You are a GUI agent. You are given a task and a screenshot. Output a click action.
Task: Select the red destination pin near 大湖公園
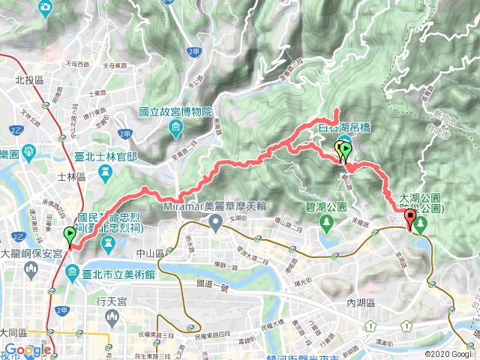click(x=409, y=220)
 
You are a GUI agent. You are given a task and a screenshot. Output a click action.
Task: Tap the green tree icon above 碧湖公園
click(x=326, y=223)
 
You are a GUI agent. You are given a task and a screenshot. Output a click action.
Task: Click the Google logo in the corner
click(x=27, y=350)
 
